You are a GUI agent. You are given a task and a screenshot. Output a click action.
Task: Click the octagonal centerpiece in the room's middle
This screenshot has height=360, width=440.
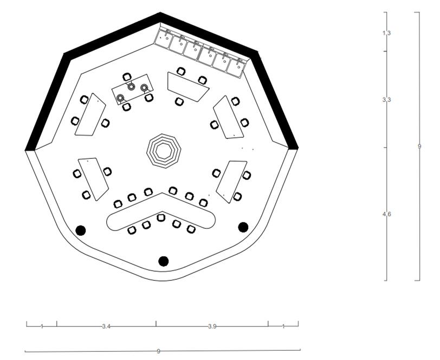tap(164, 151)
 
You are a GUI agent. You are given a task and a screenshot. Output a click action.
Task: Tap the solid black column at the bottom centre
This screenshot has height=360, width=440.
tap(163, 261)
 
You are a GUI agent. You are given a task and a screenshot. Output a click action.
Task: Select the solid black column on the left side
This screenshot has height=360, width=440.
tap(81, 230)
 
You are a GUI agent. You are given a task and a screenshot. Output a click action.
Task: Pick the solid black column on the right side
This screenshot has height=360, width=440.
tap(243, 227)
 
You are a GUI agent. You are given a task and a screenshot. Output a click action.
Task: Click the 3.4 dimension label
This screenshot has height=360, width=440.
tap(106, 326)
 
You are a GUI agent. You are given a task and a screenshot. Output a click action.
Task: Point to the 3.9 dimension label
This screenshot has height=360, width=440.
tap(212, 326)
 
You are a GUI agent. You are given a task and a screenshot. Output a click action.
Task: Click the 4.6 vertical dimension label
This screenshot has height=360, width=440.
tap(386, 214)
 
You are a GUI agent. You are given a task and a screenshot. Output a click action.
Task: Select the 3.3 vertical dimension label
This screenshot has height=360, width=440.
tap(386, 99)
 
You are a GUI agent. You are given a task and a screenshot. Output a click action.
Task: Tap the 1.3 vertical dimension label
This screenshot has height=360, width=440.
tap(386, 33)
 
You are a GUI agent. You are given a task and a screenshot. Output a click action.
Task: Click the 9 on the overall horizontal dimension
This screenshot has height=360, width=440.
tap(158, 351)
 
